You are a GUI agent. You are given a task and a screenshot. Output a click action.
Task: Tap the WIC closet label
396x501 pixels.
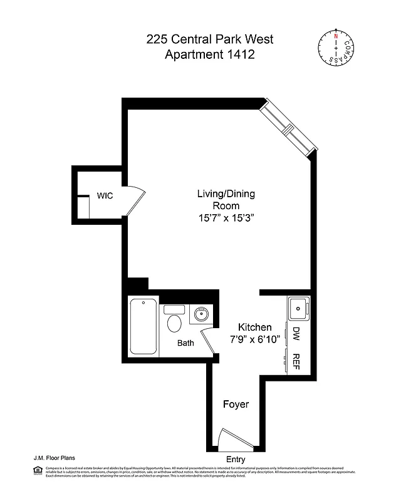pos(105,195)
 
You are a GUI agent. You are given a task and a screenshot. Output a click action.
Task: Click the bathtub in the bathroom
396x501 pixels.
pos(143,328)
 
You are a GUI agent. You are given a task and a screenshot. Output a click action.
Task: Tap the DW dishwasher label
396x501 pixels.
pos(297,335)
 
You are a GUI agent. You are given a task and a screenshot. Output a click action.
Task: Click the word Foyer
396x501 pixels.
pos(236,405)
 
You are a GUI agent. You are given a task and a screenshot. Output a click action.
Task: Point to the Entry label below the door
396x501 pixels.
pos(236,460)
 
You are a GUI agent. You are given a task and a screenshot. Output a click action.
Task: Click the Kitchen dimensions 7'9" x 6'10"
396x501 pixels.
pos(254,341)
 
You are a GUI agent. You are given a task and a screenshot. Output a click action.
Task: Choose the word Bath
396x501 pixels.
pos(185,343)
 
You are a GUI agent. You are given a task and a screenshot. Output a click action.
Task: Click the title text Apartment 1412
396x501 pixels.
pos(209,55)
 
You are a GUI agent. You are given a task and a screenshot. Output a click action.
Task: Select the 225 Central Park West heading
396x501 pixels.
pos(209,39)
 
